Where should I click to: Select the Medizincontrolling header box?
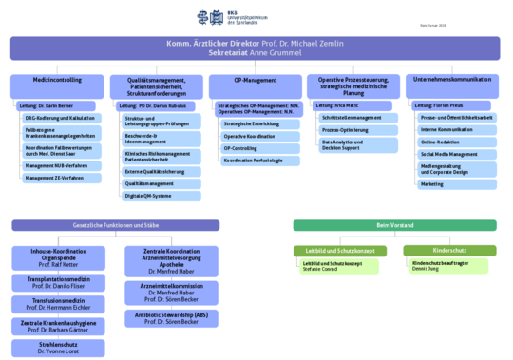point(55,81)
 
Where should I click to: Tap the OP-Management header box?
point(254,81)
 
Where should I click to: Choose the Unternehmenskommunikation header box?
point(453,81)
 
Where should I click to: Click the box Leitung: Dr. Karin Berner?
point(53,105)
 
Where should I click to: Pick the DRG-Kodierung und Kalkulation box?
point(61,118)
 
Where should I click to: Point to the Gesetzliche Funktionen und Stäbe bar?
point(115,225)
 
